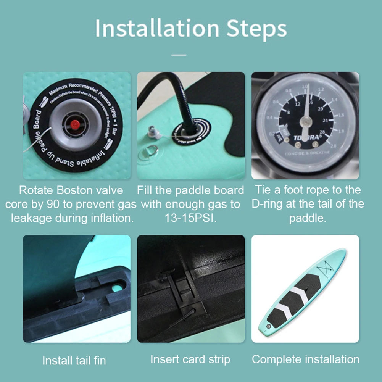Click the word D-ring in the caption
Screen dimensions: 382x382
click(267, 205)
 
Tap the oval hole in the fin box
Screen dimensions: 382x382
click(119, 284)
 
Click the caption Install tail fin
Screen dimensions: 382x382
click(74, 361)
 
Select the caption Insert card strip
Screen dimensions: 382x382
click(190, 359)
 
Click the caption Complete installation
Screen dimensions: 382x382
click(306, 359)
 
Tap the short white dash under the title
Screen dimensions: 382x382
click(179, 55)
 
